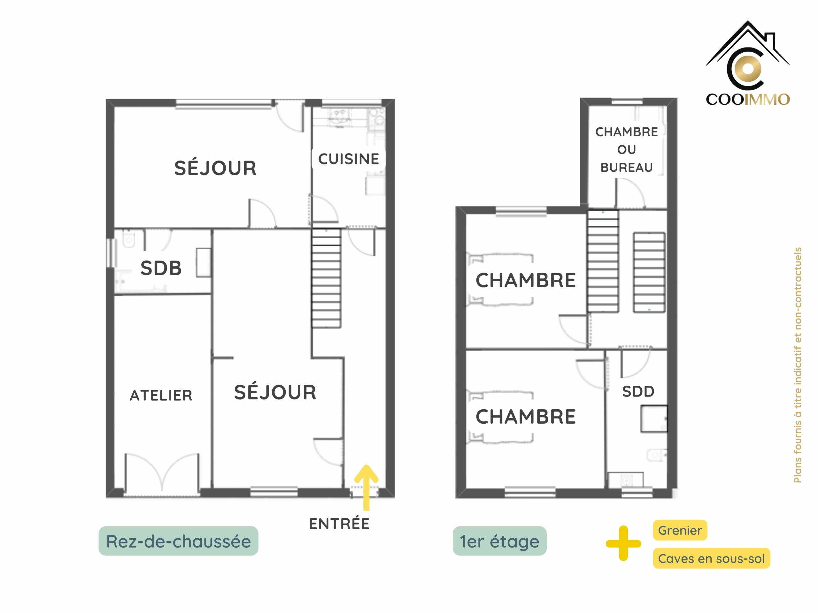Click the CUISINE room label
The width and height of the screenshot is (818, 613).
pyautogui.click(x=348, y=159)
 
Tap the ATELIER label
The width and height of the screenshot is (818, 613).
pyautogui.click(x=161, y=395)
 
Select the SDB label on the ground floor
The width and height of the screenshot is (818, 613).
pyautogui.click(x=161, y=268)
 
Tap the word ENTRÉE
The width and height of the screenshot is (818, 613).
pyautogui.click(x=339, y=524)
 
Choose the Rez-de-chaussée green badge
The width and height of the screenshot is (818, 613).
pyautogui.click(x=178, y=541)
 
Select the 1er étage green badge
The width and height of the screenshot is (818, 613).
pyautogui.click(x=500, y=541)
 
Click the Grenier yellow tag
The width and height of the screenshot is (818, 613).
pyautogui.click(x=680, y=530)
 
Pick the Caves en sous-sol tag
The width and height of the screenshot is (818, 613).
pyautogui.click(x=711, y=558)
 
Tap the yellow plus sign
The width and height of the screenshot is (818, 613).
pyautogui.click(x=623, y=543)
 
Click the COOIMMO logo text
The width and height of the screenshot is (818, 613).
pyautogui.click(x=748, y=99)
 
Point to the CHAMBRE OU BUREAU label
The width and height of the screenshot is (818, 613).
pyautogui.click(x=627, y=150)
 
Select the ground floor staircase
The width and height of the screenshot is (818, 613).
pyautogui.click(x=326, y=278)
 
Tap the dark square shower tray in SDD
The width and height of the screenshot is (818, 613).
pyautogui.click(x=654, y=419)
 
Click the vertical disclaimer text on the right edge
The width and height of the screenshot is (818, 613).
pyautogui.click(x=797, y=365)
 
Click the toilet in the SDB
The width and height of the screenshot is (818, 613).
pyautogui.click(x=128, y=240)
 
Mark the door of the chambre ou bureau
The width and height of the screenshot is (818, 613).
pyautogui.click(x=630, y=193)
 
